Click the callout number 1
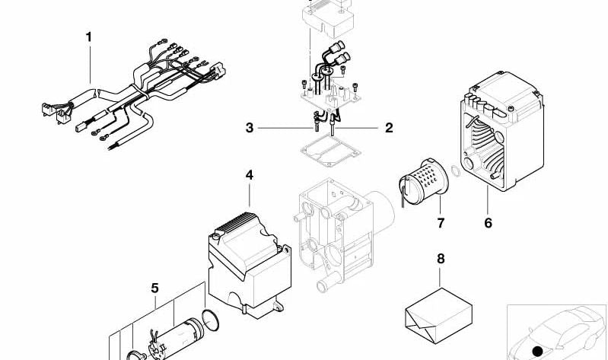click(x=88, y=36)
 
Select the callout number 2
click(x=389, y=128)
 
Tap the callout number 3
click(x=249, y=128)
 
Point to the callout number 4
click(x=249, y=175)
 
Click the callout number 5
click(x=154, y=288)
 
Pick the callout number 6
click(x=488, y=223)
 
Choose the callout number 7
click(x=441, y=223)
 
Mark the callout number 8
click(x=441, y=259)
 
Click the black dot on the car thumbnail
click(x=539, y=351)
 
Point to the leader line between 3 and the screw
click(x=285, y=128)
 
